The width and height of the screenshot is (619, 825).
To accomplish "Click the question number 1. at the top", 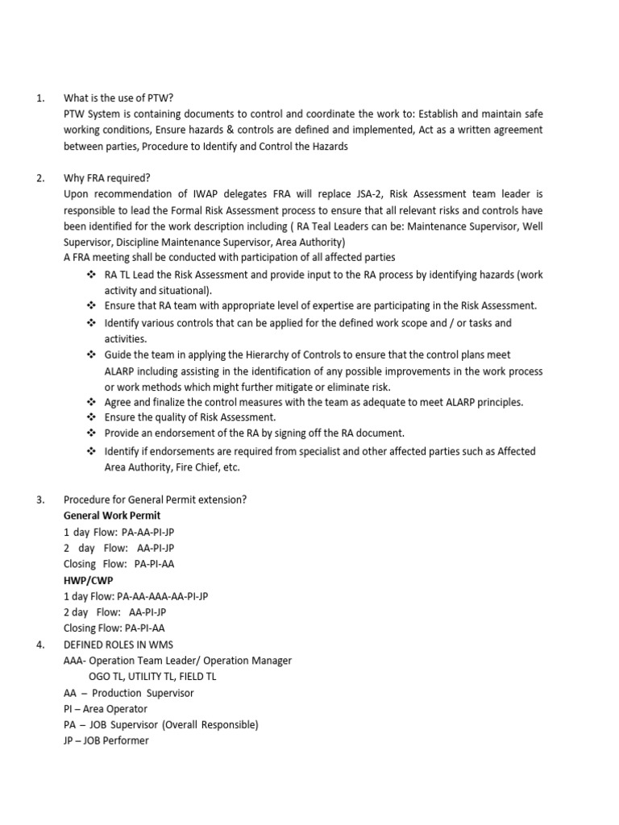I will pos(41,98).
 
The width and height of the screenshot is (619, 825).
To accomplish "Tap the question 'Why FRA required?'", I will pos(107,178).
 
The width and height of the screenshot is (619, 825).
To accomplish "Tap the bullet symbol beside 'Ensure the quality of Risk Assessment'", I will pos(91,417).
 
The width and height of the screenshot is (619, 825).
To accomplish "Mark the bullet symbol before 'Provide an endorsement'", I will pos(91,433).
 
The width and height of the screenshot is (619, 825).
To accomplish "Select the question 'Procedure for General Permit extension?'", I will pos(155,500).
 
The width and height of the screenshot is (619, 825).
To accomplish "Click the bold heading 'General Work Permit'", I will pos(112,516).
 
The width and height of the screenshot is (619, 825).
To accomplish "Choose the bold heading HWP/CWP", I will pos(89,580).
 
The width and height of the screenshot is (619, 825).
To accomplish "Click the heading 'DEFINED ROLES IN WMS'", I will pos(118,645).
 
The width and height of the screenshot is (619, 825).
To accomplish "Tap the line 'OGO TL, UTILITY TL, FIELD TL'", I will pos(152,677).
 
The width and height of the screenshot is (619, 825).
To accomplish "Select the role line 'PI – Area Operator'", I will pos(106,709).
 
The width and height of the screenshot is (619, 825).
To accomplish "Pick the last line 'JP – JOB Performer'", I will pos(106,740).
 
